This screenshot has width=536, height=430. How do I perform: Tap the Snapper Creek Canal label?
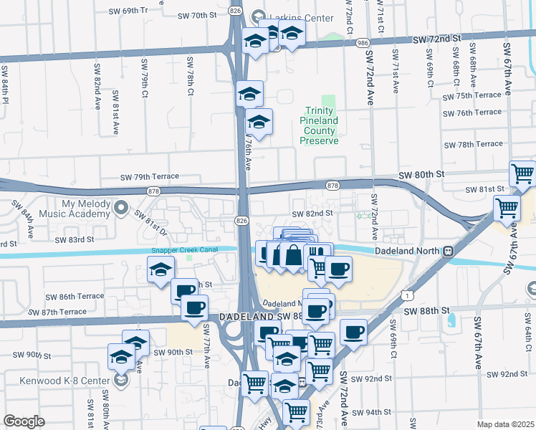(185, 251)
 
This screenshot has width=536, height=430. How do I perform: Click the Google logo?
(24, 421)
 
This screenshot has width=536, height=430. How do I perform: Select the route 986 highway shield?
(363, 44)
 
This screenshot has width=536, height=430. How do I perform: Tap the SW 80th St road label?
(422, 174)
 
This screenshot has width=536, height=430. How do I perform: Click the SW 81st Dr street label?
(150, 224)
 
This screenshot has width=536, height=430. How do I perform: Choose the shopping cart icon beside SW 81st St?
(522, 174)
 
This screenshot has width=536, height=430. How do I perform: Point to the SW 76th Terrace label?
(472, 113)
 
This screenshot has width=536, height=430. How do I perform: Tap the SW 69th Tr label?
(128, 11)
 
